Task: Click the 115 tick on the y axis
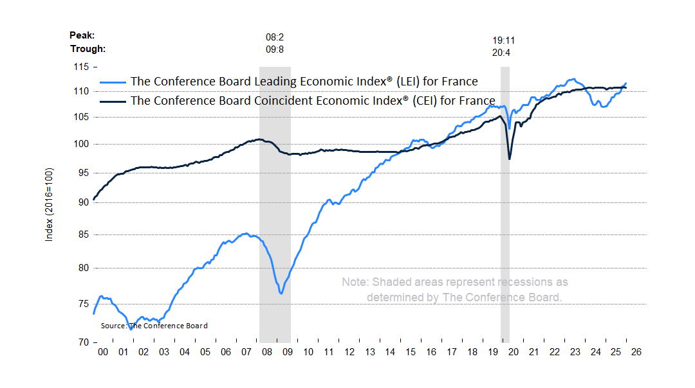coord(80,67)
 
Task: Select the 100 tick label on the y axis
coord(80,144)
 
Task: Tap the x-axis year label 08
coord(266,352)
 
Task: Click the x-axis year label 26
coord(636,352)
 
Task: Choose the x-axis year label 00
coord(102,352)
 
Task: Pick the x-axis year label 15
coord(411,352)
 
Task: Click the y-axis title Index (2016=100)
coord(49,205)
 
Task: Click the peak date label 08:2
coord(275,38)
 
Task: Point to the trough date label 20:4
coord(501,53)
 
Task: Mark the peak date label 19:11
coord(503,40)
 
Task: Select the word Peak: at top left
coord(83,36)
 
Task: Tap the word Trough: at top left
coord(88,49)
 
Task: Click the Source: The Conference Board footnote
coord(154,326)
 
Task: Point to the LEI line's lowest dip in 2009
coord(281,294)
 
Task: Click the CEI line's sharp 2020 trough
coord(510,159)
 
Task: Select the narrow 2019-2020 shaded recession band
coord(505,206)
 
